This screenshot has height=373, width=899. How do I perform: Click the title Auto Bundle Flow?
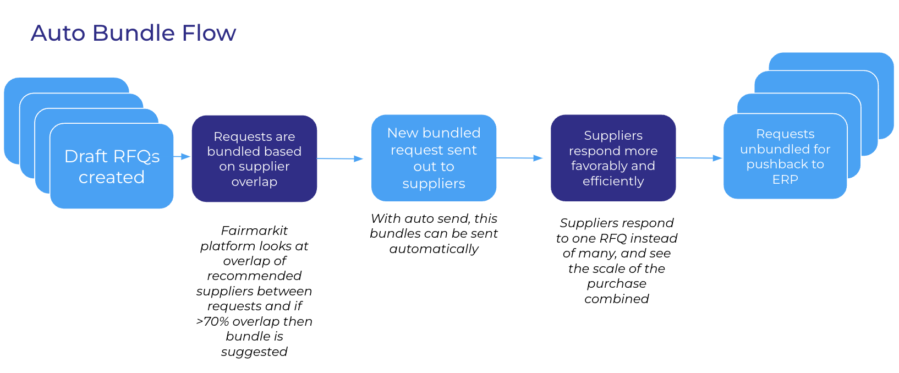(133, 33)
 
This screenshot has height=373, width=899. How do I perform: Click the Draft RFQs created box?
(112, 166)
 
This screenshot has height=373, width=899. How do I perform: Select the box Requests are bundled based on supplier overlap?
(254, 158)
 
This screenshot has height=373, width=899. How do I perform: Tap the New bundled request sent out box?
(434, 158)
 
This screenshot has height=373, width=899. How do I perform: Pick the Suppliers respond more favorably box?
(613, 158)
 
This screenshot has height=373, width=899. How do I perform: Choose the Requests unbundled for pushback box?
(785, 156)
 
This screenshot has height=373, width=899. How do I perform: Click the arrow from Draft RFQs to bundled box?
(182, 157)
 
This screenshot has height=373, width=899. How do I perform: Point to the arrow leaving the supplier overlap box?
(339, 158)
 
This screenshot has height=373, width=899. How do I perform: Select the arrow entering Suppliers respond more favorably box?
(519, 158)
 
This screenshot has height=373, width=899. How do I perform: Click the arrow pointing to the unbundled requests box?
(699, 158)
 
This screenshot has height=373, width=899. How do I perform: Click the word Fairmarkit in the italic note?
(254, 231)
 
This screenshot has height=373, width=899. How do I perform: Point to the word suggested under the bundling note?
(254, 352)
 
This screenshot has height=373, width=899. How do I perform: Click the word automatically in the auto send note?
(434, 249)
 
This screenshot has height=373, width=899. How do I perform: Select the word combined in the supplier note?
(616, 299)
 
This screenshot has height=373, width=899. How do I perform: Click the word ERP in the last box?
(785, 179)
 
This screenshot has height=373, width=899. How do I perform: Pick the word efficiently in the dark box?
(613, 181)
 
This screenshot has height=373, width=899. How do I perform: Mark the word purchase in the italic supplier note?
(616, 283)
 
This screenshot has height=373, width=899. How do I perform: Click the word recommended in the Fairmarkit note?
(254, 276)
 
